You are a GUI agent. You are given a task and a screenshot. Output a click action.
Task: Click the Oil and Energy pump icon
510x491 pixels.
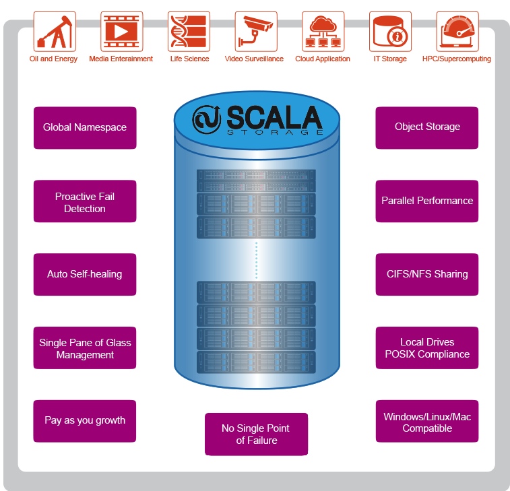tap(54, 32)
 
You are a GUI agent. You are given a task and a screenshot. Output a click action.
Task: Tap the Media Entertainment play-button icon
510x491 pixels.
tap(121, 32)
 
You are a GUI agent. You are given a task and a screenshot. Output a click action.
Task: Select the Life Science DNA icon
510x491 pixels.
tap(189, 32)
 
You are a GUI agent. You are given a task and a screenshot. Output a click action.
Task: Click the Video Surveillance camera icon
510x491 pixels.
tap(255, 32)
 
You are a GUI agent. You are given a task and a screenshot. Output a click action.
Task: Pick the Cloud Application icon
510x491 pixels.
tap(323, 32)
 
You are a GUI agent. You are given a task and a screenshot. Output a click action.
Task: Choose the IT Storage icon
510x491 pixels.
tap(390, 32)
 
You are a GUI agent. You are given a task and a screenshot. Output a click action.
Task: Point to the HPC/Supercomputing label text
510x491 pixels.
tap(456, 59)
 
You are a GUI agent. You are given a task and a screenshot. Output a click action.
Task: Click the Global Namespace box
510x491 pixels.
tap(85, 127)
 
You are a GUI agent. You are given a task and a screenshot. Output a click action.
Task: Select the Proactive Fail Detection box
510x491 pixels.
tap(85, 201)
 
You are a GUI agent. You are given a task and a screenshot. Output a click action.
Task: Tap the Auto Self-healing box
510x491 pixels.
tap(85, 274)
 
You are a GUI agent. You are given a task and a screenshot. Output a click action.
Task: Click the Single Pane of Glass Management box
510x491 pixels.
tap(85, 348)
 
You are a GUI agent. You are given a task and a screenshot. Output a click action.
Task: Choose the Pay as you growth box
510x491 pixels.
tap(85, 421)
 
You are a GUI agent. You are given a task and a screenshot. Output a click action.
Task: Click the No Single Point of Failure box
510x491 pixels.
tap(256, 434)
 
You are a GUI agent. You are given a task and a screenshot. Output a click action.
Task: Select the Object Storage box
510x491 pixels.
tap(427, 127)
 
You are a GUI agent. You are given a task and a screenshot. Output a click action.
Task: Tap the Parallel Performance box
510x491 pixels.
tap(427, 201)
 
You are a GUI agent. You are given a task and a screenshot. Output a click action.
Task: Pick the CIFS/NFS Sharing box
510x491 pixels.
tap(427, 274)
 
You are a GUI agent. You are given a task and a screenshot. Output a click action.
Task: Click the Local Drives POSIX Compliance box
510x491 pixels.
tap(427, 348)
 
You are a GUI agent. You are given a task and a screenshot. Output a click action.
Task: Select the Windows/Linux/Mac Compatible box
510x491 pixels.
tap(427, 422)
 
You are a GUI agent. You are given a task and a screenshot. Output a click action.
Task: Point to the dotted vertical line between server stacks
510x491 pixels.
tap(256, 260)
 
